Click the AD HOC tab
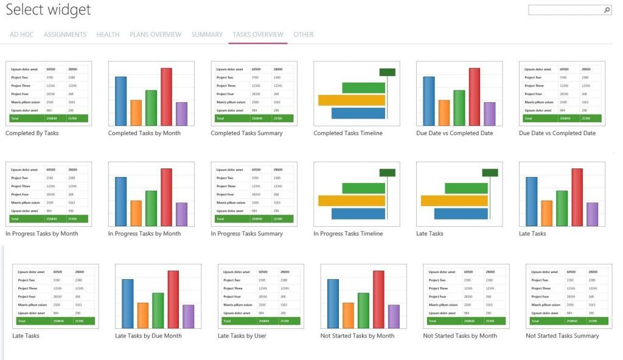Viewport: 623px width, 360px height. click(22, 35)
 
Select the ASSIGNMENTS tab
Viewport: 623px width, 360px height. click(65, 35)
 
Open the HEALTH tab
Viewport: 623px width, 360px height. click(108, 35)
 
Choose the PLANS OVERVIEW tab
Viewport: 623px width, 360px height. click(155, 35)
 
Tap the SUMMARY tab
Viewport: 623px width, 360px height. click(207, 35)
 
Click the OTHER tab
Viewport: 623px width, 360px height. click(304, 35)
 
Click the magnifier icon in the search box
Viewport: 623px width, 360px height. click(607, 10)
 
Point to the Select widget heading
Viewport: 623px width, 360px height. click(48, 10)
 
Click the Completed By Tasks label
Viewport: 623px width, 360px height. click(32, 133)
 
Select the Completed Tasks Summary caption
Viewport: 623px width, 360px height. click(246, 133)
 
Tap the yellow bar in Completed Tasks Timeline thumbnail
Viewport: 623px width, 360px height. click(352, 100)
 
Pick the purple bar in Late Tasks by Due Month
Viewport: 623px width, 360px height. click(189, 316)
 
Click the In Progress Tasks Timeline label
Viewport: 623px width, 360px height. click(348, 234)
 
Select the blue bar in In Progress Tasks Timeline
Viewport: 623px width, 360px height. click(358, 213)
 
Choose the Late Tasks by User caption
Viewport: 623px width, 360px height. click(242, 336)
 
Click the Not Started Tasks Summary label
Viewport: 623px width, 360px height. click(562, 336)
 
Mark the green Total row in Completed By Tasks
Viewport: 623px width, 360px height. click(49, 119)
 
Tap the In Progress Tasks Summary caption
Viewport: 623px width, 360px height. click(246, 234)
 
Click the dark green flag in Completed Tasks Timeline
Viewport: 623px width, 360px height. click(388, 72)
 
